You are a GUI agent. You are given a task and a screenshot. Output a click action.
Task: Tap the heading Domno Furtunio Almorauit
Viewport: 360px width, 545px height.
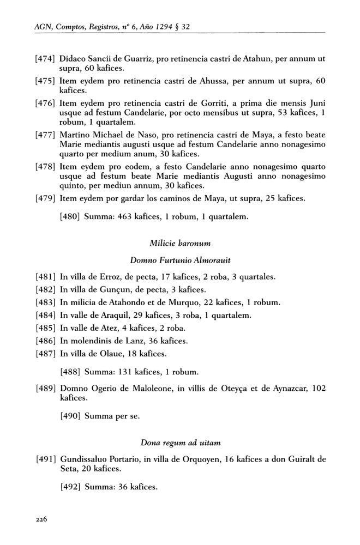click(x=179, y=261)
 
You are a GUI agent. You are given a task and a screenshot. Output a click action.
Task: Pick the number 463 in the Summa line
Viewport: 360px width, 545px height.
click(x=127, y=217)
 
